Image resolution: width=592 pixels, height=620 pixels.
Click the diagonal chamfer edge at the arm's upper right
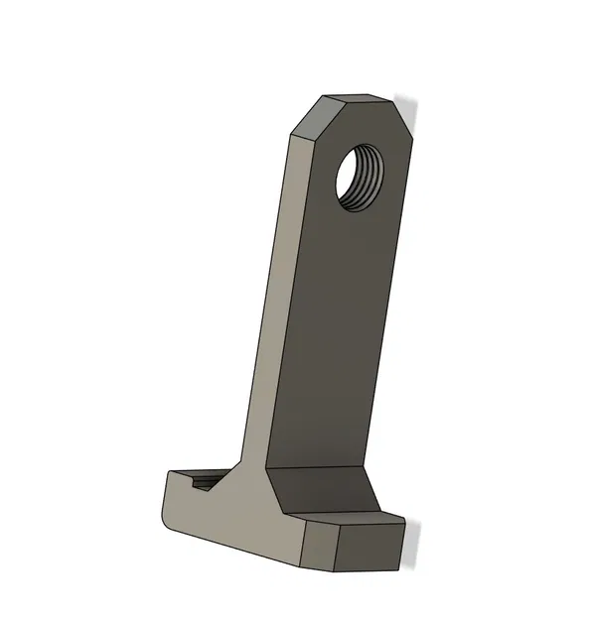coord(401,116)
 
